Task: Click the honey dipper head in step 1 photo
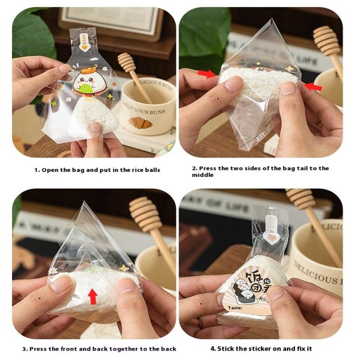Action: (126, 63)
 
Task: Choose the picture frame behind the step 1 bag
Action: (110, 20)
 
